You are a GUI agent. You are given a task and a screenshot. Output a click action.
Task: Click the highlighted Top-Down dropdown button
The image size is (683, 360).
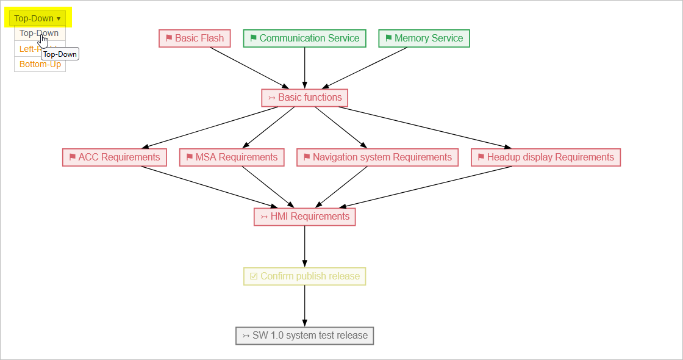(38, 18)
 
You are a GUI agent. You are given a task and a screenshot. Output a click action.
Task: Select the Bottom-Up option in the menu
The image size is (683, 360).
(40, 65)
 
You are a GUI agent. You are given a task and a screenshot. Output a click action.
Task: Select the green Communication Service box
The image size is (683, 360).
(304, 38)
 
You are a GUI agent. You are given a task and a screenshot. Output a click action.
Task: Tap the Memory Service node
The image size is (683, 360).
(424, 38)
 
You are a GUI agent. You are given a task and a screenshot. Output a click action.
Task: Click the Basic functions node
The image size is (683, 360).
(304, 98)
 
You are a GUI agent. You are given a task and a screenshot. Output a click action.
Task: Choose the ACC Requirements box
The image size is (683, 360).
(114, 157)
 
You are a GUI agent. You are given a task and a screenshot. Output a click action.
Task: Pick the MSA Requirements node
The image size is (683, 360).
(232, 157)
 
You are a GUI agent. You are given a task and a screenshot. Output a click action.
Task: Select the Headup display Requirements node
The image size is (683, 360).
(545, 157)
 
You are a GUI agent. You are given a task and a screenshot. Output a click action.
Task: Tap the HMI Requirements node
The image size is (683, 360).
(304, 217)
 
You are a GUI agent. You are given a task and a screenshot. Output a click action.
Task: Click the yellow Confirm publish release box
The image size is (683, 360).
(304, 276)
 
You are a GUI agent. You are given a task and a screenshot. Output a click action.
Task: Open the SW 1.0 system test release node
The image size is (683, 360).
(304, 336)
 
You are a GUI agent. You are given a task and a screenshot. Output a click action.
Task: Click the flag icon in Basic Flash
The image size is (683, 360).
(169, 38)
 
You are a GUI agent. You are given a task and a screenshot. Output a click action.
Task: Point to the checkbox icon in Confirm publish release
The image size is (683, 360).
(254, 276)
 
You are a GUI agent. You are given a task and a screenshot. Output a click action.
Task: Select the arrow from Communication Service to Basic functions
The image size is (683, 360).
(304, 67)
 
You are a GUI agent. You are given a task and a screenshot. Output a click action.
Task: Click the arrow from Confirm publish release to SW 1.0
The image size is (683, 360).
(304, 306)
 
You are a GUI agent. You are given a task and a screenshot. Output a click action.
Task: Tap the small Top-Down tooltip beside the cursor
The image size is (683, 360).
(60, 54)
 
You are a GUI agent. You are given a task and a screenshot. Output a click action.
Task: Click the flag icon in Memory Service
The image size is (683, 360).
(388, 38)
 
